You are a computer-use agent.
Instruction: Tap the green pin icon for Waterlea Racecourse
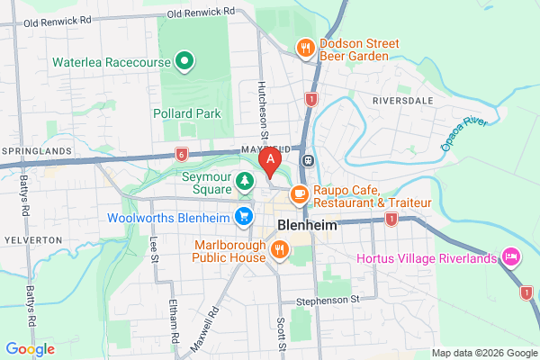click(x=184, y=62)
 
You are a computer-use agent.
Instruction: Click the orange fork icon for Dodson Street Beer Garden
click(x=306, y=48)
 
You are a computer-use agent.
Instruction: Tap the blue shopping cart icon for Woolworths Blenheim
click(x=243, y=216)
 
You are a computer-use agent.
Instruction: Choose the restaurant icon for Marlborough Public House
click(x=280, y=248)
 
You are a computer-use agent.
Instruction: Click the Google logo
click(x=30, y=348)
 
